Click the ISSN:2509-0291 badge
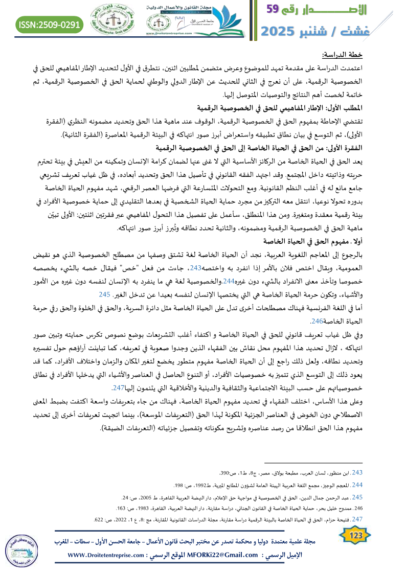point(50,24)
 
